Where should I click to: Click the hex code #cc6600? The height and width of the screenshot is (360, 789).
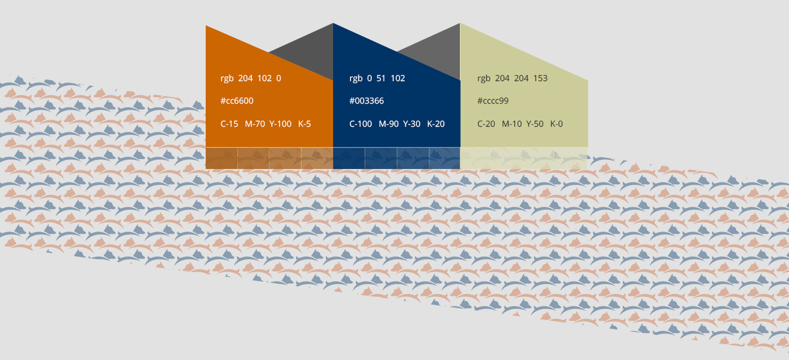237,101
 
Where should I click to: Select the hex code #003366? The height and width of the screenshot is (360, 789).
366,101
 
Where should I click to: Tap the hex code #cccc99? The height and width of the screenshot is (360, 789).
493,101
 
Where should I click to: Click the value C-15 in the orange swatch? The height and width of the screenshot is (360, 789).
229,124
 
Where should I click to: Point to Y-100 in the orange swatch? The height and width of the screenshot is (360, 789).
280,124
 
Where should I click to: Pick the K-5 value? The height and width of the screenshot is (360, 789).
304,124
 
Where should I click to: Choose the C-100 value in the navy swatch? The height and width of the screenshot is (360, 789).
361,124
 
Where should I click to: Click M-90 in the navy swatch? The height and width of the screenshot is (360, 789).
388,124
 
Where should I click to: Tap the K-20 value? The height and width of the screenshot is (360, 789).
436,124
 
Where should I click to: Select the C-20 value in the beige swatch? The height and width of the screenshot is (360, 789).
486,124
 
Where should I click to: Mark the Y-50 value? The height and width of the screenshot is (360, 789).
535,124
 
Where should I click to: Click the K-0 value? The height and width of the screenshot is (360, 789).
556,124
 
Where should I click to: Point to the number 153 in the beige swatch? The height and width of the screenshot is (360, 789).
540,78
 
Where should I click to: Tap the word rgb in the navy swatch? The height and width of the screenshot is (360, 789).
356,78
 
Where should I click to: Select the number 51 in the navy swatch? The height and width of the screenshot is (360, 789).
381,78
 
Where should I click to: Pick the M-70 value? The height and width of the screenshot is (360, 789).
255,124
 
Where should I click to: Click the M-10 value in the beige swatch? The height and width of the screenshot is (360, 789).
512,124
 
